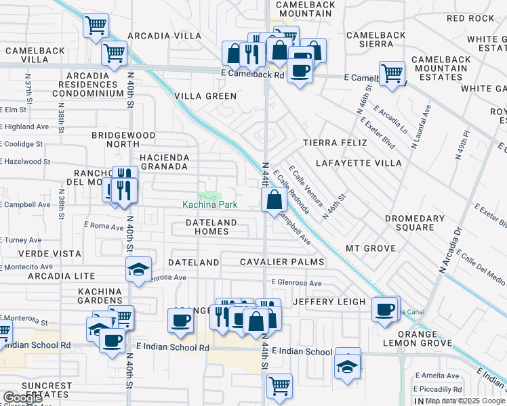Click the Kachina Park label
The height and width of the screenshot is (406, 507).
210,204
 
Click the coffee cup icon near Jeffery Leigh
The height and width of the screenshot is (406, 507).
385,309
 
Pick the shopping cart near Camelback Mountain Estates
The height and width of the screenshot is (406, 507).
392,72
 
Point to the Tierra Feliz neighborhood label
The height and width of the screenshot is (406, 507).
335,143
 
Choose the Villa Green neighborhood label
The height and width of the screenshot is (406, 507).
205,96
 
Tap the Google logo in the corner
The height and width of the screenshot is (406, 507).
22,398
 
